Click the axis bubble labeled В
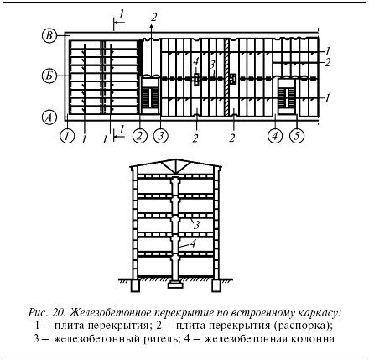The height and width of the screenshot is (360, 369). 49,36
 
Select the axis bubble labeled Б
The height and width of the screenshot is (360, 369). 49,76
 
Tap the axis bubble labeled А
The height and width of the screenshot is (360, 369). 49,117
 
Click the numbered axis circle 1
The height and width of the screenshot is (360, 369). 67,136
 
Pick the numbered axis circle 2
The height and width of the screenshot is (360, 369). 140,136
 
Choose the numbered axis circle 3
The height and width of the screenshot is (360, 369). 161,136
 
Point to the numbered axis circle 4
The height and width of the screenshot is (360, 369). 275,136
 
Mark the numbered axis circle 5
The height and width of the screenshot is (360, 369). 297,136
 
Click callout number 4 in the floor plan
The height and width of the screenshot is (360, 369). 196,61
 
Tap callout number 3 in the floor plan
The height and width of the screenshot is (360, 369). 212,65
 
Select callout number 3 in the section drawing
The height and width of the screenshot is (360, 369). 197,226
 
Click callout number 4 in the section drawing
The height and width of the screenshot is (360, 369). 193,243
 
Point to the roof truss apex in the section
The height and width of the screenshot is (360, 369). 175,159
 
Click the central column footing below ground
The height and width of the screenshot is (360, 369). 175,285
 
